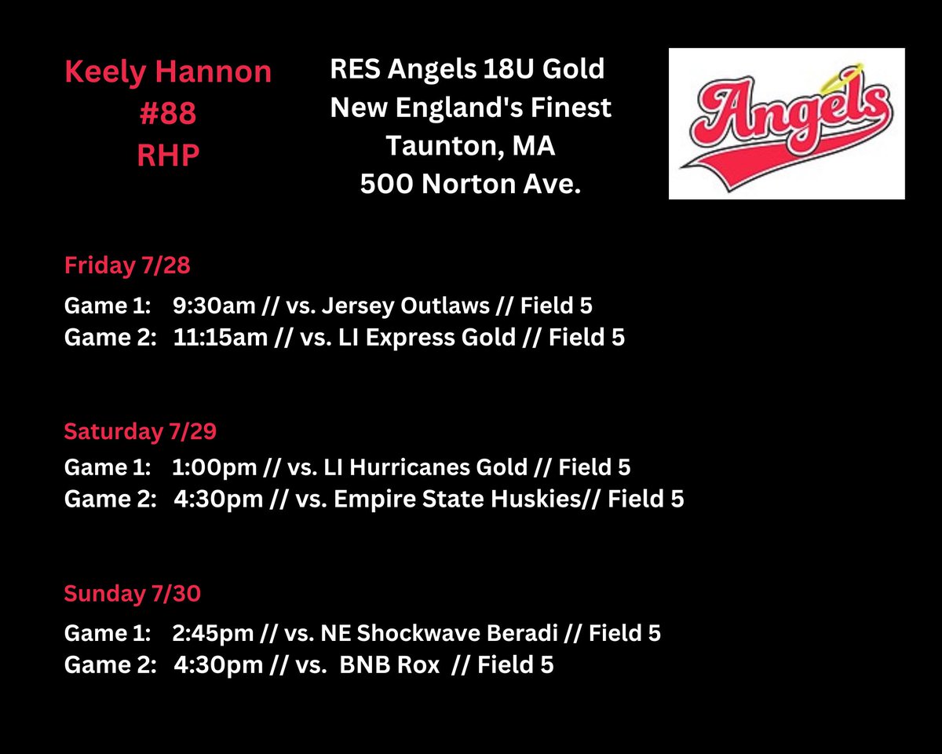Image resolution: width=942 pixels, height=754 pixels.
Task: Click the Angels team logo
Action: pyautogui.click(x=786, y=123)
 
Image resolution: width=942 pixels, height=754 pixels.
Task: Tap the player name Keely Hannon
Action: pyautogui.click(x=168, y=73)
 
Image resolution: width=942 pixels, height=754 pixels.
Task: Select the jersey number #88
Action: pyautogui.click(x=168, y=114)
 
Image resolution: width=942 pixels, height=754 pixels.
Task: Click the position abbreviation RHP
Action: pyautogui.click(x=168, y=155)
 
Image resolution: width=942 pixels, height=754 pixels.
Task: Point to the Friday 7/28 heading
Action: pyautogui.click(x=127, y=265)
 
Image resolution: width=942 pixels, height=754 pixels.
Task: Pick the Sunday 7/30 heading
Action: pyautogui.click(x=132, y=594)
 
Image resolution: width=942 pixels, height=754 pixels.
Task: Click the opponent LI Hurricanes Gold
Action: pyautogui.click(x=425, y=468)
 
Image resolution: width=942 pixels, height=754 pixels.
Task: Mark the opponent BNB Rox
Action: pyautogui.click(x=390, y=665)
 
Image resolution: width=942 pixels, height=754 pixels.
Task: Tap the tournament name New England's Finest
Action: pyautogui.click(x=470, y=107)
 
